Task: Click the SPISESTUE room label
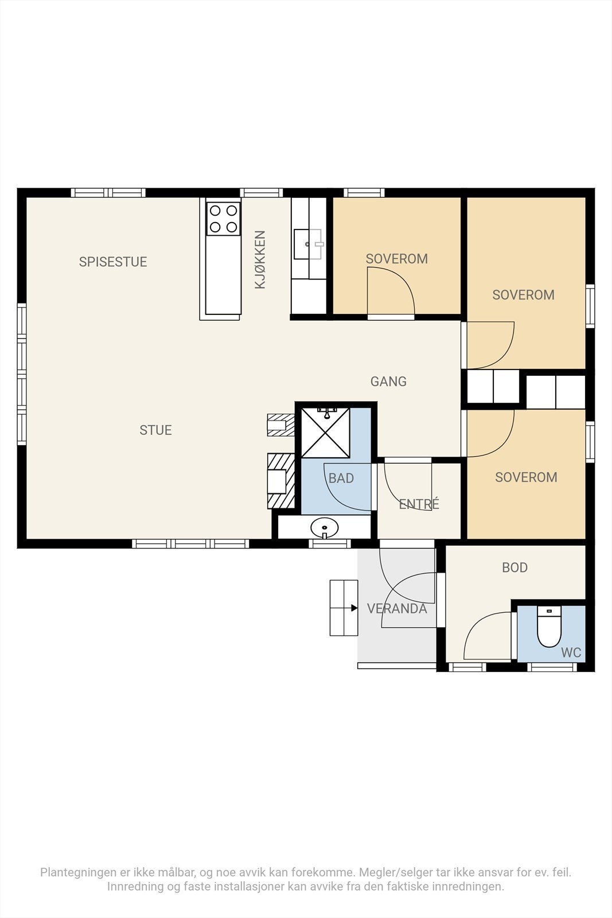[112, 262]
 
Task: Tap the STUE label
[155, 430]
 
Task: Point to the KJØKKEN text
[260, 259]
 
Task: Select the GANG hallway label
[388, 382]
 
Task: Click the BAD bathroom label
[341, 479]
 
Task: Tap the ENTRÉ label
[419, 504]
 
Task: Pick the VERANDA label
[397, 609]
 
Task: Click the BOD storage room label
[515, 567]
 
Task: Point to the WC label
[571, 652]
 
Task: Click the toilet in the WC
[549, 627]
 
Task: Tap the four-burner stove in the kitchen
[223, 219]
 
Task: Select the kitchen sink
[307, 244]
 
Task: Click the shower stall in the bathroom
[326, 433]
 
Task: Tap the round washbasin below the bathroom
[325, 527]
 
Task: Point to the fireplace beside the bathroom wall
[281, 481]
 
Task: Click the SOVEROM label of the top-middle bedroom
[396, 259]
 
